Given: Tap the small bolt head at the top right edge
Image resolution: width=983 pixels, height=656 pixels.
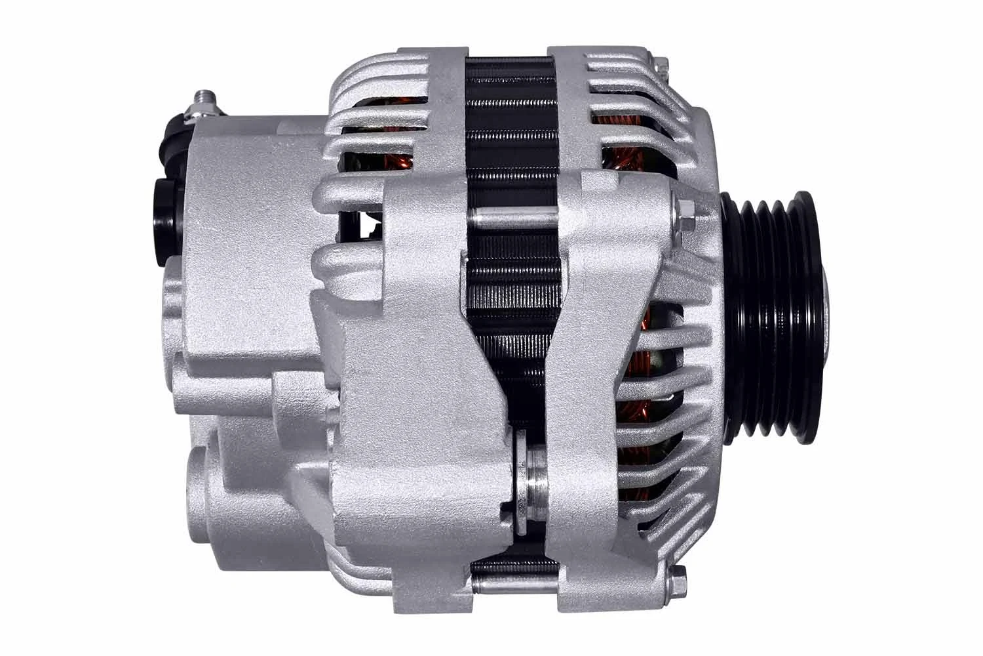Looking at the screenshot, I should pyautogui.click(x=663, y=64).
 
